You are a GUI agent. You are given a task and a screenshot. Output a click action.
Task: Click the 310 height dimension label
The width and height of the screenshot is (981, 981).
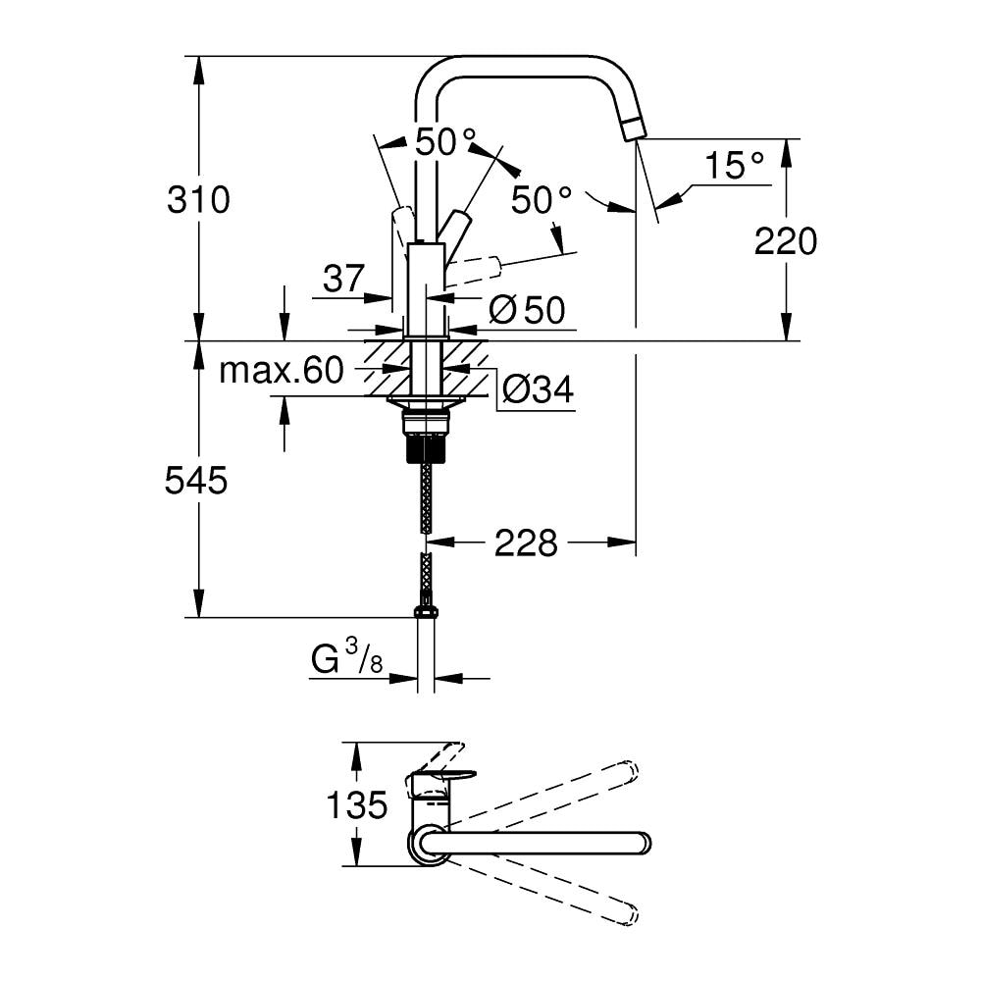point(198,200)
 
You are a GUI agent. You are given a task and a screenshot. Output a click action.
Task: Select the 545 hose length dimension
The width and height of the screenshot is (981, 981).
point(196,481)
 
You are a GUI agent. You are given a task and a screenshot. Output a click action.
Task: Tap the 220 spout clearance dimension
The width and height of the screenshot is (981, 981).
point(785,241)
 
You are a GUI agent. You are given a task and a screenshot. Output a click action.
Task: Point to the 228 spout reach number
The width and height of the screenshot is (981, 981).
point(526,543)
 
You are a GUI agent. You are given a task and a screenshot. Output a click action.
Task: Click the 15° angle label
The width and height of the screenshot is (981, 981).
point(735,165)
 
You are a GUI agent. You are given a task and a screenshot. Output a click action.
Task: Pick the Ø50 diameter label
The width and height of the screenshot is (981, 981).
point(527,310)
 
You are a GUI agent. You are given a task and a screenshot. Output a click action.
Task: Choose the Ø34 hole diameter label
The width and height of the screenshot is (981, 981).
point(538,390)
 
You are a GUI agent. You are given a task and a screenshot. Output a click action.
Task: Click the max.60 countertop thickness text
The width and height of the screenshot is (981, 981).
point(282,371)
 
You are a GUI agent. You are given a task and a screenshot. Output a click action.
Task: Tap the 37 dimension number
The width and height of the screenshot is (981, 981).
point(343,279)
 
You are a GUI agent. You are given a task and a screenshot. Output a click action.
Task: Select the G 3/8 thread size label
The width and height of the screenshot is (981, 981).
point(346,659)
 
